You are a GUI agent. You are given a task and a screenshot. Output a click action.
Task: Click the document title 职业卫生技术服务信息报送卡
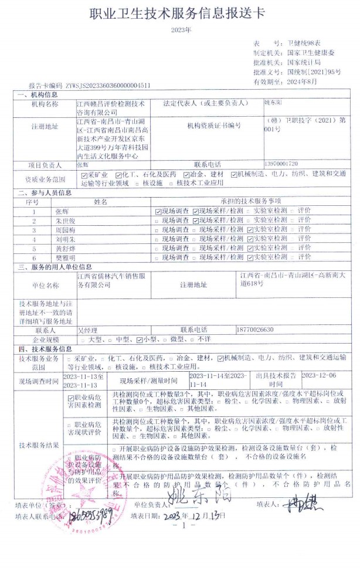coord(180,15)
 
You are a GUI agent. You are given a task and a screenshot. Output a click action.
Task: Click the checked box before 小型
coord(139,340)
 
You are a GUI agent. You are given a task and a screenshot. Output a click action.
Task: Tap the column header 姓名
coord(100,201)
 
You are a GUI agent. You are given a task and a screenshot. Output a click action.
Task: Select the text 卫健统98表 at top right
coord(303,44)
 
